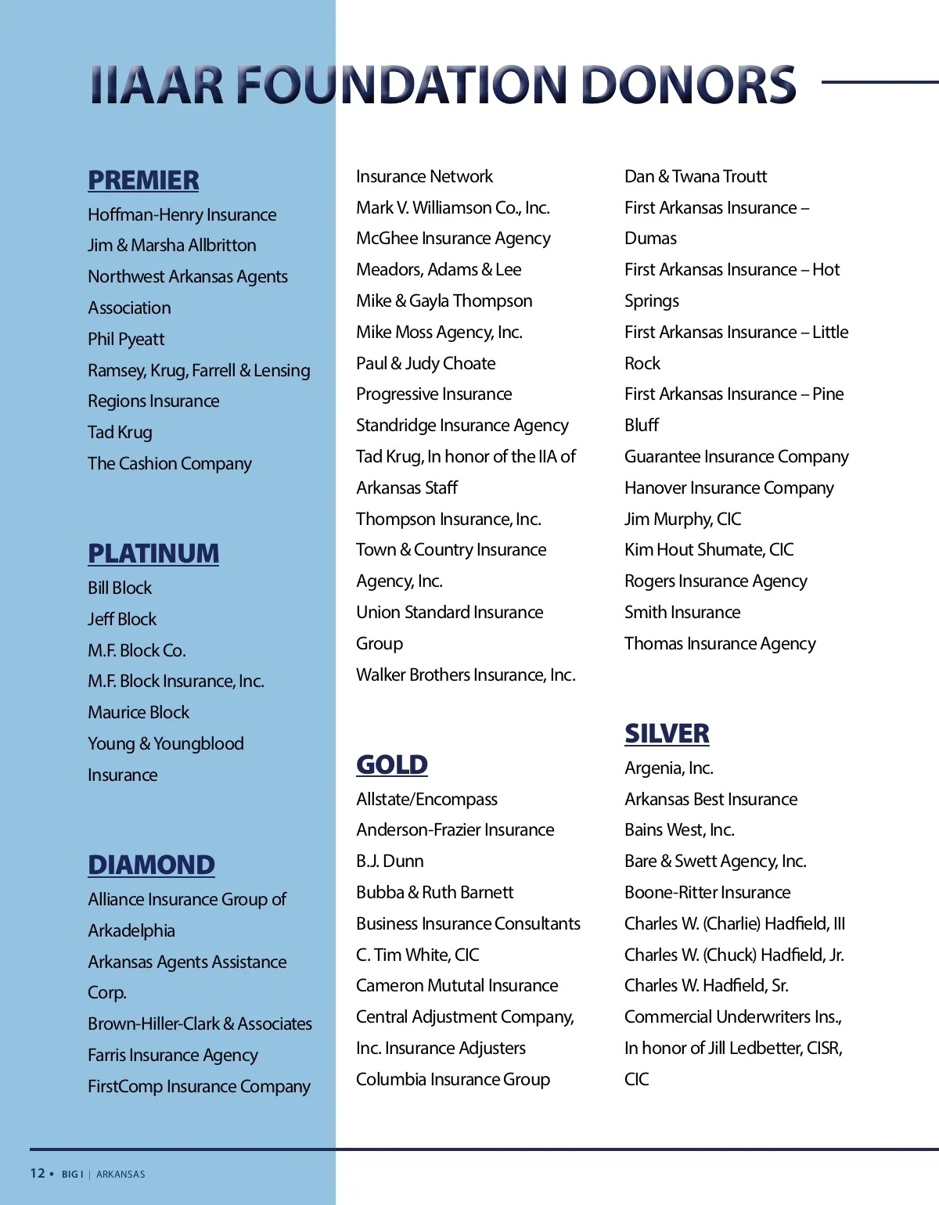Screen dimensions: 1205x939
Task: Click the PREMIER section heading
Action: [x=143, y=180]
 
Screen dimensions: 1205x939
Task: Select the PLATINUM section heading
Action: [x=153, y=553]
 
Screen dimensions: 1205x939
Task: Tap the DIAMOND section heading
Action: [x=151, y=865]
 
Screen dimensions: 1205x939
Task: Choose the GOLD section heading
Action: [x=392, y=764]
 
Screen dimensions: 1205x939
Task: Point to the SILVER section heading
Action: [x=667, y=733]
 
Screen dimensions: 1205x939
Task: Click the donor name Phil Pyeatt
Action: [x=126, y=339]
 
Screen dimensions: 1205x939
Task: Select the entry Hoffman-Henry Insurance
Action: [x=182, y=214]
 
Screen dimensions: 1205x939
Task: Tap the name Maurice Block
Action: [x=139, y=712]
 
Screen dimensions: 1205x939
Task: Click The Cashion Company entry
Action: [x=170, y=463]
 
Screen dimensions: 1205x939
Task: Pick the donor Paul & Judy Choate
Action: [x=426, y=363]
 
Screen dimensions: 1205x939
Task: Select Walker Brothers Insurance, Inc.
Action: [x=466, y=674]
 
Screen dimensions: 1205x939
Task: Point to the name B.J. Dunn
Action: [x=390, y=861]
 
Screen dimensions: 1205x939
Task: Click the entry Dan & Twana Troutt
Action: [x=696, y=176]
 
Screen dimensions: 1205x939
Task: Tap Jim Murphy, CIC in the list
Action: [x=682, y=519]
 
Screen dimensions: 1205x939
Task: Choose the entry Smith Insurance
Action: [x=682, y=612]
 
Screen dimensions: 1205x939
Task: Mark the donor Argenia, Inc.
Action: [x=669, y=768]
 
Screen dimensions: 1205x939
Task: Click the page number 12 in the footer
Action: [x=38, y=1173]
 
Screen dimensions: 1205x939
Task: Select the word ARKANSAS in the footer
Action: [x=121, y=1174]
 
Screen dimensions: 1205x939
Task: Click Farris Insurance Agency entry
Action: [x=173, y=1055]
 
